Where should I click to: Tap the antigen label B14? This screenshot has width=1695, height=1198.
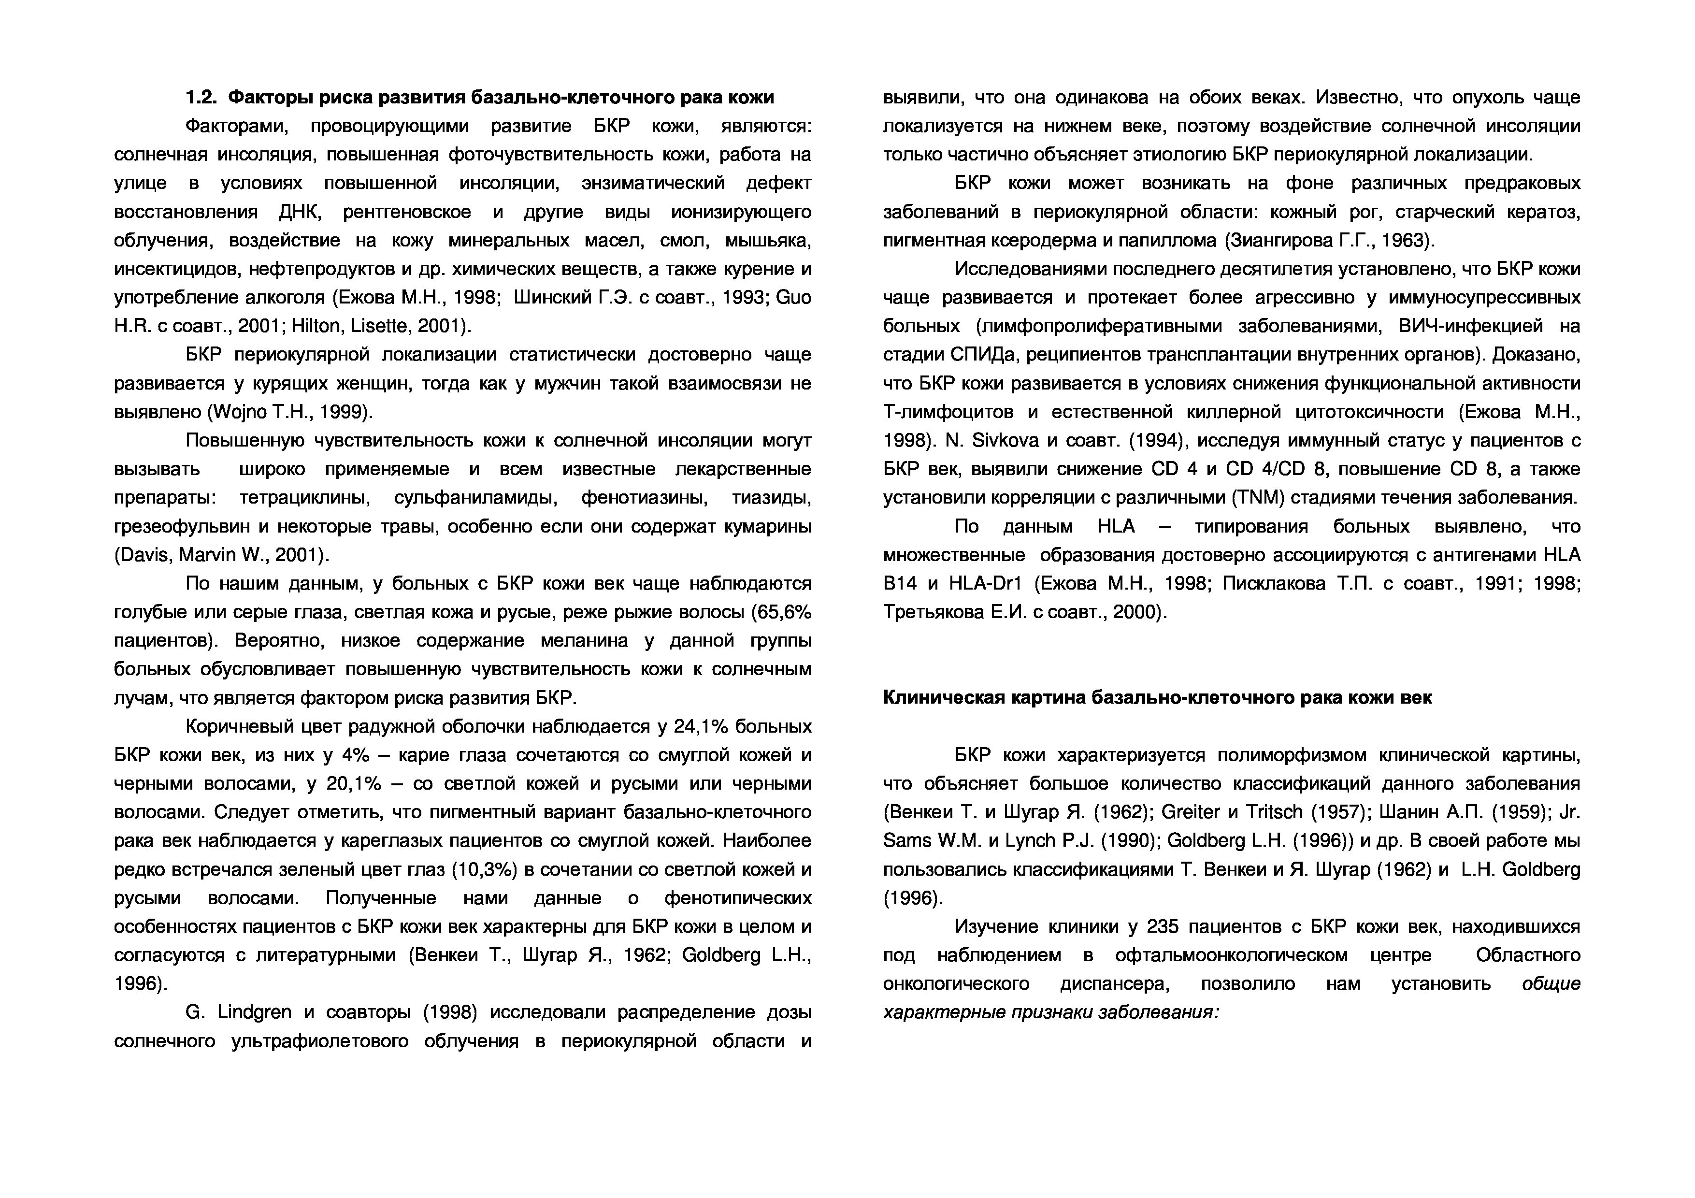pyautogui.click(x=900, y=583)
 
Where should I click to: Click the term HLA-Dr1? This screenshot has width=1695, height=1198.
pyautogui.click(x=985, y=583)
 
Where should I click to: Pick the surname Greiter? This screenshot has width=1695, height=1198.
pyautogui.click(x=1191, y=812)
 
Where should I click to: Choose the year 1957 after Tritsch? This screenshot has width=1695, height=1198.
pyautogui.click(x=1338, y=812)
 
